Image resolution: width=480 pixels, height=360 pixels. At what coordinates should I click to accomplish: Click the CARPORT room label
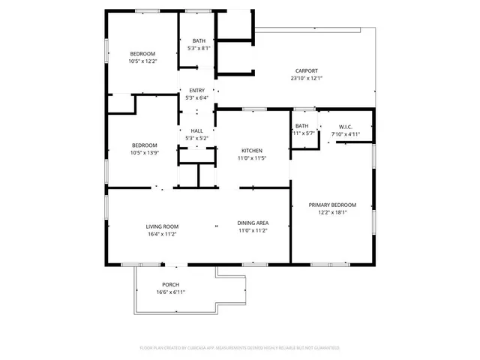point(307,71)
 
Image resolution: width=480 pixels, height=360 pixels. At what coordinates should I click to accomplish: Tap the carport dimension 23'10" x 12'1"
point(307,78)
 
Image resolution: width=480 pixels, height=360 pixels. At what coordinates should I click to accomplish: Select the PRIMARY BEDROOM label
point(332,205)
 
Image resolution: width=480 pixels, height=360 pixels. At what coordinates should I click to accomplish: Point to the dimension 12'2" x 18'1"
point(332,212)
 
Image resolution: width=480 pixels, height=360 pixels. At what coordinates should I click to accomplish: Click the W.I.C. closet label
point(346,127)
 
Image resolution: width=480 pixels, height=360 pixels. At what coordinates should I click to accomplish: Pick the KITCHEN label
point(252,150)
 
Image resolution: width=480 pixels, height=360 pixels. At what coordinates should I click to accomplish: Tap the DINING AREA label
point(253,223)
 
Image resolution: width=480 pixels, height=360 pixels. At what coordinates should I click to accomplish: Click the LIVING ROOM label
point(161,226)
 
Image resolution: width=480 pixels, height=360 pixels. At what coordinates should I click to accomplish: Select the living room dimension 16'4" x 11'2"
point(161,234)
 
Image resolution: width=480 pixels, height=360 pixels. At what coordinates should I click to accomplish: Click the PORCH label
point(170,285)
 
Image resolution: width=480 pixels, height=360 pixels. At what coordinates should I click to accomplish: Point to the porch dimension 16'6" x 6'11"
point(170,292)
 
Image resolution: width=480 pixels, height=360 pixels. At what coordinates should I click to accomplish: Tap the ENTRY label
point(196,90)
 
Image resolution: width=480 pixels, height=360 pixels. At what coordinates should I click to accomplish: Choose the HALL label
point(196,130)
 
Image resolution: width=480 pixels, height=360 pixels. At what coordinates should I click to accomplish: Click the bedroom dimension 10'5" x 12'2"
point(142,61)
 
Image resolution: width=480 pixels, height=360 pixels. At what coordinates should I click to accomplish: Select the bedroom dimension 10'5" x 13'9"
point(144,152)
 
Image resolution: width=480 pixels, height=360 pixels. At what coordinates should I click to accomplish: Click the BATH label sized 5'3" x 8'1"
point(199,41)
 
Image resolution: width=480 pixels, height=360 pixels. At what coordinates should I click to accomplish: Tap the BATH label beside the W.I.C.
point(301,126)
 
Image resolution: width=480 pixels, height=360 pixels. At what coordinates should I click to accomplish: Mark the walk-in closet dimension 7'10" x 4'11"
point(346,134)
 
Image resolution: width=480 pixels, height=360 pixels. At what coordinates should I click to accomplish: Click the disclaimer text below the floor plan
point(240,348)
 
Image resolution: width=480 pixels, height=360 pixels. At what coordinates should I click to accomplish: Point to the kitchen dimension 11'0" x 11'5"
point(252,157)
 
